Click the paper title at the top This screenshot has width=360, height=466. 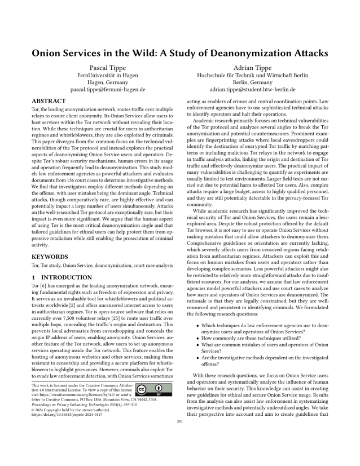(x=179, y=54)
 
